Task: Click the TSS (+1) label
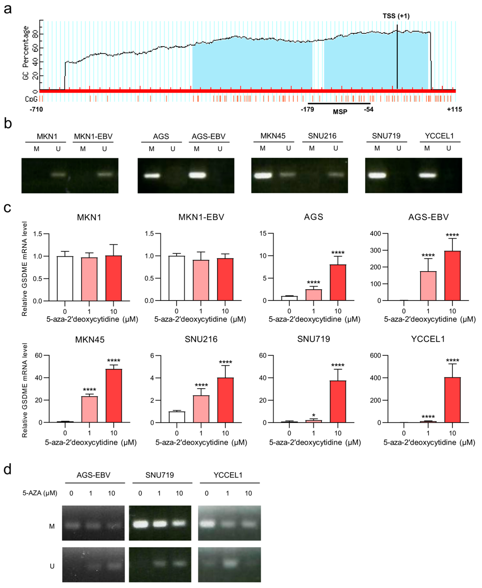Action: (396, 16)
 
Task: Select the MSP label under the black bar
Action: (340, 112)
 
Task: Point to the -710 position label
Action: (36, 109)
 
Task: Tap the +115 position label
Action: (454, 109)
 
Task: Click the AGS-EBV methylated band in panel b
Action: (197, 175)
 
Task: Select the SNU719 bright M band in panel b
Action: (377, 175)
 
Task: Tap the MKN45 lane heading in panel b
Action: (273, 136)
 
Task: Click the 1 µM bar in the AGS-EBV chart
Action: (428, 286)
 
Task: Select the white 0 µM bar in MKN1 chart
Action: (65, 278)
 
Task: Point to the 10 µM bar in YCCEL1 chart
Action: (452, 400)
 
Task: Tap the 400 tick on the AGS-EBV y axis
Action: (375, 233)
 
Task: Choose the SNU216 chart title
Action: (201, 339)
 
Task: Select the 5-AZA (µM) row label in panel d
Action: (40, 493)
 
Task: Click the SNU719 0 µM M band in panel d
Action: (141, 524)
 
